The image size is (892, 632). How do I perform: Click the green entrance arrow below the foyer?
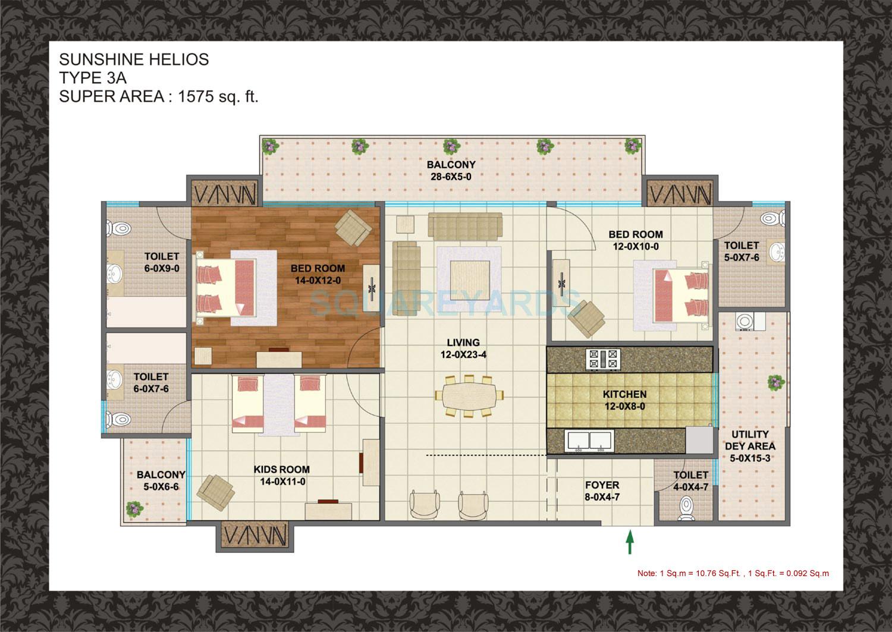click(x=629, y=542)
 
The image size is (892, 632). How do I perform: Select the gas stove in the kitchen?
click(x=604, y=360)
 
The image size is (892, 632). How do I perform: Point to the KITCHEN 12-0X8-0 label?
click(x=624, y=400)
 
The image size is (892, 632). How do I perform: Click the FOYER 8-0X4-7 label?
click(x=602, y=491)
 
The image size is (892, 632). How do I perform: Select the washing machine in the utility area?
click(x=744, y=322)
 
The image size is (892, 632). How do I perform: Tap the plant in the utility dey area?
click(x=774, y=382)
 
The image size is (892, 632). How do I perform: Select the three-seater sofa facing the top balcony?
click(x=464, y=227)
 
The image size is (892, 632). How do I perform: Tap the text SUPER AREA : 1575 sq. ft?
click(x=159, y=96)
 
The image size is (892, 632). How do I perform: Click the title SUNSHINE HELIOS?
click(x=134, y=59)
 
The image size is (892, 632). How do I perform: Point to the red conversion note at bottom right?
click(x=733, y=574)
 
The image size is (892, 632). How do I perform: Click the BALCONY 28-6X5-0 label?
click(x=451, y=170)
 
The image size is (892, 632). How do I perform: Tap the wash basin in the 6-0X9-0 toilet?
click(x=114, y=274)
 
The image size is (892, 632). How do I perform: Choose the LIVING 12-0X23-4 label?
click(x=463, y=348)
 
